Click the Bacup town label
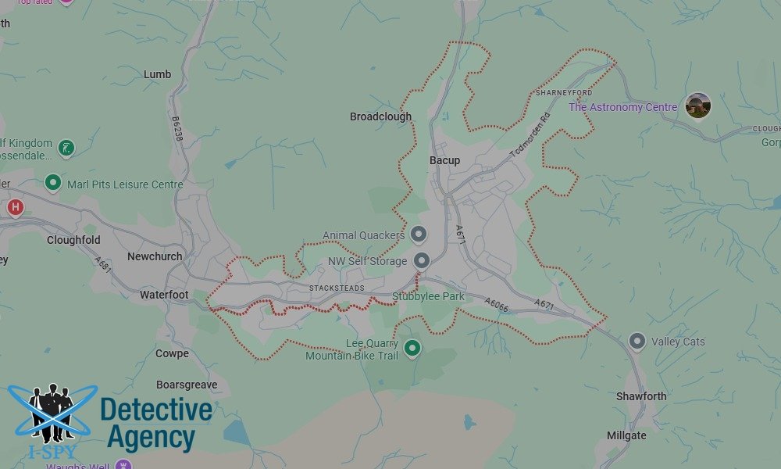point(444,160)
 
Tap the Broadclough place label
point(380,116)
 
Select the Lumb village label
point(157,74)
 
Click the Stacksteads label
point(337,288)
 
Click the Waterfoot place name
point(164,295)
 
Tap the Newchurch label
point(155,256)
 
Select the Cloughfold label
point(73,240)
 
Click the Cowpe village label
point(172,353)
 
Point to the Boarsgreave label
point(186,385)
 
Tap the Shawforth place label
point(641,396)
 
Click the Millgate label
point(626,435)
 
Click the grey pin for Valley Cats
point(637,341)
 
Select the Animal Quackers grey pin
point(419,234)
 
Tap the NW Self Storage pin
point(422,260)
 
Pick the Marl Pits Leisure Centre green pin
point(53,183)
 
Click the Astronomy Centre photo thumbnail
point(697,106)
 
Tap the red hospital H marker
point(15,207)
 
